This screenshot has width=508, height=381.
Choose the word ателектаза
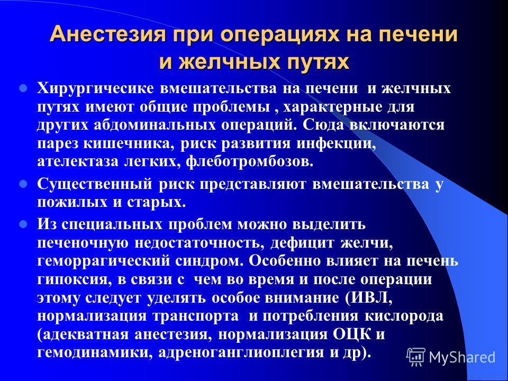(79, 162)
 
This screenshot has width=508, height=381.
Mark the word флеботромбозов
(249, 161)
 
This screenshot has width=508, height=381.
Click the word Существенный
(95, 185)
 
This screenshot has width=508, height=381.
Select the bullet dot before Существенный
(23, 185)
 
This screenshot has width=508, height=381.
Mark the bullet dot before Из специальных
(23, 224)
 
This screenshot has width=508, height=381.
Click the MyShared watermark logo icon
(416, 357)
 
